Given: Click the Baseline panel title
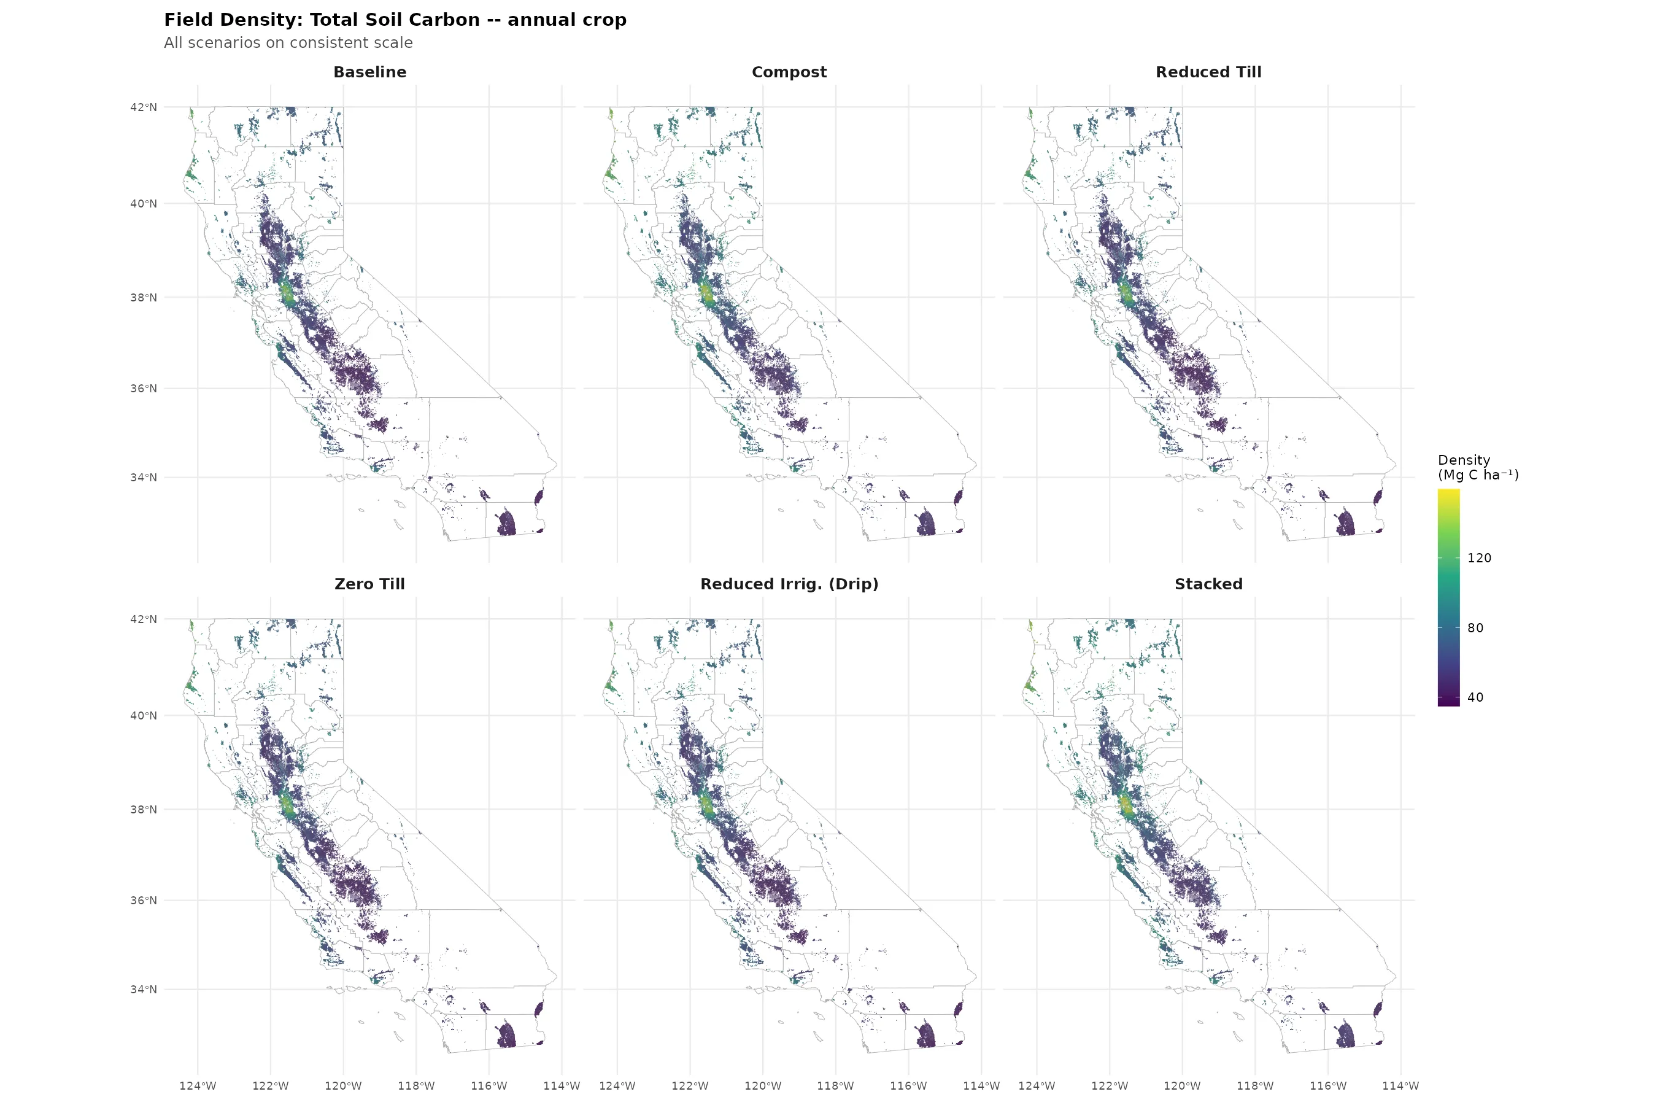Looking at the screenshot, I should [x=369, y=72].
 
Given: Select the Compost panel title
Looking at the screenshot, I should [x=789, y=72].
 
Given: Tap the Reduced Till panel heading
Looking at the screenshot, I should [x=1208, y=72].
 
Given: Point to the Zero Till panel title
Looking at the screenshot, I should [x=369, y=584].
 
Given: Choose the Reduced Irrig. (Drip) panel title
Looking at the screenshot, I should [x=789, y=584].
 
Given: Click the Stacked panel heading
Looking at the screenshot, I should [x=1208, y=584].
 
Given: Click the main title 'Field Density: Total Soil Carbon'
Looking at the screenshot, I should [x=395, y=20].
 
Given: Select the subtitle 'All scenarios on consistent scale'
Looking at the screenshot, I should [x=288, y=42].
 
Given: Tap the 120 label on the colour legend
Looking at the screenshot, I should [x=1479, y=558].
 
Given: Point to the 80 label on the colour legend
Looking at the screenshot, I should [x=1475, y=628].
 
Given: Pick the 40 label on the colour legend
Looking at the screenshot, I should [x=1475, y=697].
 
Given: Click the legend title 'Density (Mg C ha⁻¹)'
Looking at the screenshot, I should [x=1477, y=467].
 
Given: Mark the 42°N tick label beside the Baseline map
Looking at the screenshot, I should [x=143, y=107].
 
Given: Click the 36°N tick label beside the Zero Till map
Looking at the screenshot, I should [x=143, y=900].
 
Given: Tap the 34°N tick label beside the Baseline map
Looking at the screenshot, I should [x=143, y=477].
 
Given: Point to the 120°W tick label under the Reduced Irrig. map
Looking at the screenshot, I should [x=762, y=1085].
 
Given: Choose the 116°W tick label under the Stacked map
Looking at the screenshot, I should [x=1327, y=1085].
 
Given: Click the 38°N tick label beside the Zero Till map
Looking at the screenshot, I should [x=143, y=809].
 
